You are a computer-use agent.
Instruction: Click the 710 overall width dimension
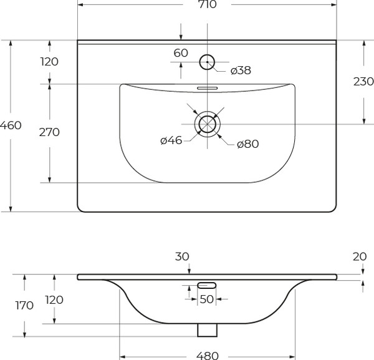tap(207, 6)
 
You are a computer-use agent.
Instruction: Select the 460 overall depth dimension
tap(11, 125)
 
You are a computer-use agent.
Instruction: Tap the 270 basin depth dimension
tap(49, 132)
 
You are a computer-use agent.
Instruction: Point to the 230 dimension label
tap(363, 81)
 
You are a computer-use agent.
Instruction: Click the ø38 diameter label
tap(240, 71)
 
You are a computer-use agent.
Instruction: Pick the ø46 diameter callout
tap(171, 140)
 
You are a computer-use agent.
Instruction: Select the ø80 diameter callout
tap(247, 144)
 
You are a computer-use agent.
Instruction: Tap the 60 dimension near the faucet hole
tap(181, 53)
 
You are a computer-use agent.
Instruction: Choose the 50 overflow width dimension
tap(206, 299)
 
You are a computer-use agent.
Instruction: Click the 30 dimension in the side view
tap(182, 256)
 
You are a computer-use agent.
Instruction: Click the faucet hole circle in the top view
tap(207, 62)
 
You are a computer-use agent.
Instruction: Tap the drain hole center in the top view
tap(207, 124)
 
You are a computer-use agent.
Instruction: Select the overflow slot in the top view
tap(207, 88)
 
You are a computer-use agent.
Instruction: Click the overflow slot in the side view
tap(207, 285)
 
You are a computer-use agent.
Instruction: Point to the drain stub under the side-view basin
tap(207, 329)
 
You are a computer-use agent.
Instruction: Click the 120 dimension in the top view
tap(49, 62)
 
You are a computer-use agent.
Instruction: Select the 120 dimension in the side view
tap(55, 299)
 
